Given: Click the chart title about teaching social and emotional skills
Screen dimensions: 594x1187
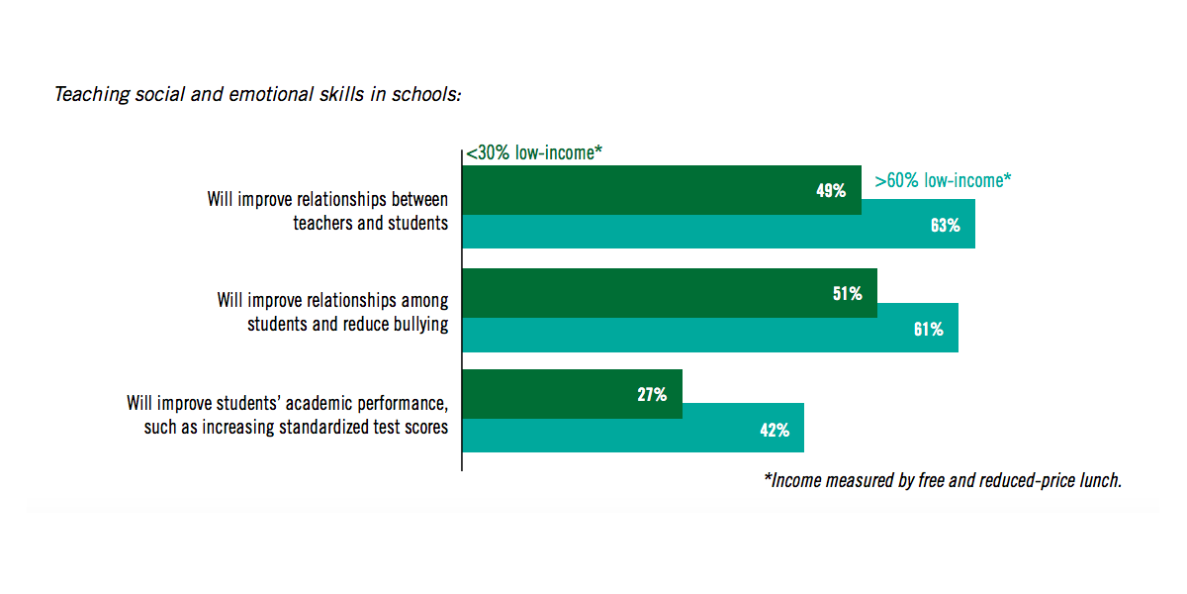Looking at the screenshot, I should pyautogui.click(x=258, y=95).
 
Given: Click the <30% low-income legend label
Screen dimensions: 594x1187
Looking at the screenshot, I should pyautogui.click(x=534, y=153).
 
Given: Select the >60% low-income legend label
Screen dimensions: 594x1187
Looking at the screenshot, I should pyautogui.click(x=943, y=181).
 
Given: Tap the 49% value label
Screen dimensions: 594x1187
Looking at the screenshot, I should pyautogui.click(x=831, y=191).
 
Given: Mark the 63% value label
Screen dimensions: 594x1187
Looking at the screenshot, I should pyautogui.click(x=945, y=226).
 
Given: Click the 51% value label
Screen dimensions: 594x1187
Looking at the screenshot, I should pyautogui.click(x=847, y=293).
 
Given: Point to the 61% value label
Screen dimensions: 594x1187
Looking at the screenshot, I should pyautogui.click(x=928, y=329).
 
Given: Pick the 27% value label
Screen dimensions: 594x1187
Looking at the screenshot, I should pyautogui.click(x=652, y=394).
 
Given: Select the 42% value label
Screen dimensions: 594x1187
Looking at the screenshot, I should pyautogui.click(x=775, y=430).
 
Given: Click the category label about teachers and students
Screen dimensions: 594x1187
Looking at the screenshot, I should pyautogui.click(x=327, y=211).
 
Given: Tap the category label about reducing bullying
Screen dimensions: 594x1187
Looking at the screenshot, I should pyautogui.click(x=332, y=312).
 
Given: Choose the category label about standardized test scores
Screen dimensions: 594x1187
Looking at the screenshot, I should pyautogui.click(x=287, y=416).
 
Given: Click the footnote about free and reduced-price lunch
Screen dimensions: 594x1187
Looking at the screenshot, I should pyautogui.click(x=943, y=480).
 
